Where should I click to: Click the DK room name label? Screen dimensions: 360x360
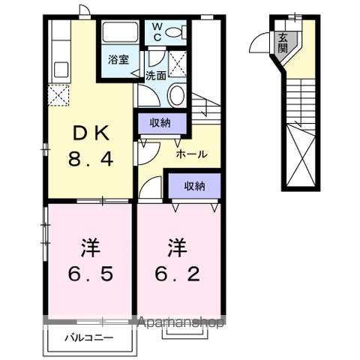pyautogui.click(x=91, y=133)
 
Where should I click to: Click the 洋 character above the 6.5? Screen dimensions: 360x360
pyautogui.click(x=91, y=245)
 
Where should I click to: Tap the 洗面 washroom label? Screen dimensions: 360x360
pyautogui.click(x=156, y=75)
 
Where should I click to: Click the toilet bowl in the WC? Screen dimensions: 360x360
pyautogui.click(x=175, y=31)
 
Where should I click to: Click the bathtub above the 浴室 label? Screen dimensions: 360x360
pyautogui.click(x=120, y=34)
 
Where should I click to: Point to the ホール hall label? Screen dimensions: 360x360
pyautogui.click(x=191, y=154)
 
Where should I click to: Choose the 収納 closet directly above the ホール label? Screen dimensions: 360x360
pyautogui.click(x=158, y=122)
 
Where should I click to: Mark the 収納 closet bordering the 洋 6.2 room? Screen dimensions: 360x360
pyautogui.click(x=193, y=184)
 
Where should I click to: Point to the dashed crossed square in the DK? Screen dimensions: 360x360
pyautogui.click(x=58, y=97)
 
